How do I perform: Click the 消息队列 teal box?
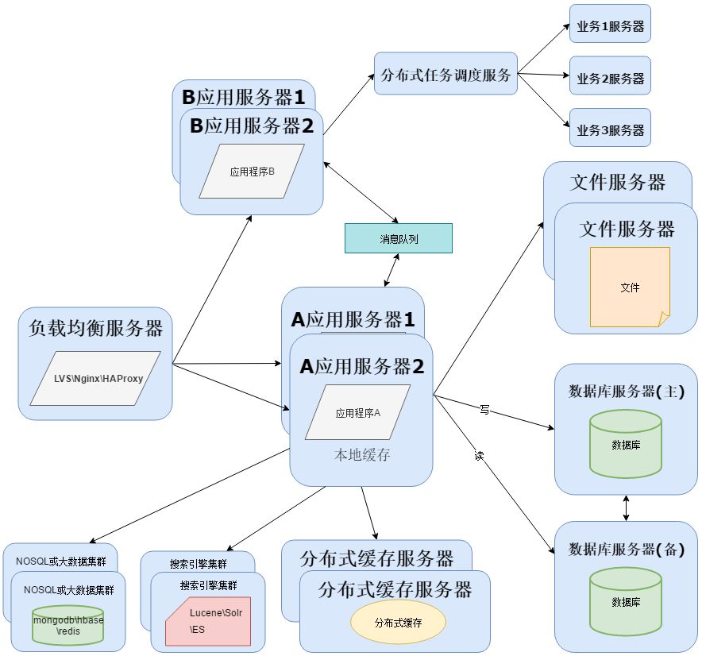point(398,238)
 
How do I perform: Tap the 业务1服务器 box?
point(610,26)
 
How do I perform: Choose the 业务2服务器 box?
point(610,78)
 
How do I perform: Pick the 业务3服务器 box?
point(610,129)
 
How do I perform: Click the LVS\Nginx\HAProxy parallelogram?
point(98,379)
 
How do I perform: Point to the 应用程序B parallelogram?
point(252,171)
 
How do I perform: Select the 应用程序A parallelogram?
point(357,412)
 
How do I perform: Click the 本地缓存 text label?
point(362,455)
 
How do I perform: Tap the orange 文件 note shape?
point(630,287)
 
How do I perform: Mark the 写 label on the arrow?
point(484,410)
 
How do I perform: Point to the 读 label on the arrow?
point(479,456)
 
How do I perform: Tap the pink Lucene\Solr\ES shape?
point(208,621)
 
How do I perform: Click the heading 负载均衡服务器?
point(96,327)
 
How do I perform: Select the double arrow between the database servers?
point(627,507)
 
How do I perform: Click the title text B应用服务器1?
point(244,97)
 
